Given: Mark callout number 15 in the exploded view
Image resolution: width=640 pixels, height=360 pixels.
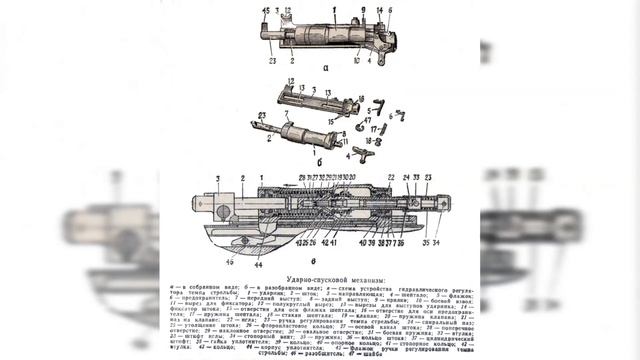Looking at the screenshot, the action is [x=331, y=121].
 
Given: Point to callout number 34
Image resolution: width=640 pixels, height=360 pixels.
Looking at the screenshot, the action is [x=437, y=242].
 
